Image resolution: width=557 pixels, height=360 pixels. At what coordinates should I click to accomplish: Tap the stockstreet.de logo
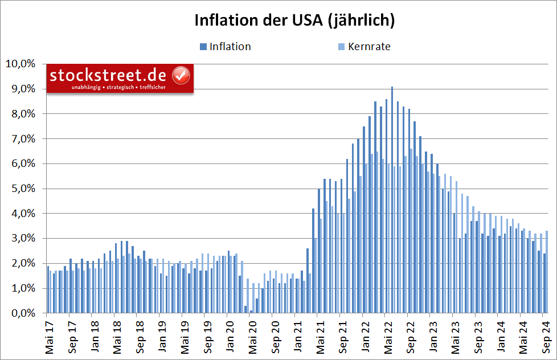click(120, 78)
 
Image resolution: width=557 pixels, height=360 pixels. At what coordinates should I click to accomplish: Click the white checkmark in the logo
click(181, 75)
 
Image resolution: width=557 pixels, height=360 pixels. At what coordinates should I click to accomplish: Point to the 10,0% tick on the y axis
click(22, 64)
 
